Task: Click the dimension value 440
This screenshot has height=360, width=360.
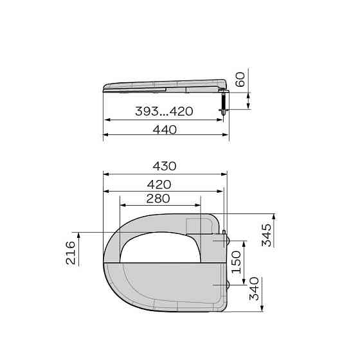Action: (165, 130)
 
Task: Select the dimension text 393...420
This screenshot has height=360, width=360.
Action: (164, 111)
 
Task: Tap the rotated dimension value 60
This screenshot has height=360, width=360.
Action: (240, 80)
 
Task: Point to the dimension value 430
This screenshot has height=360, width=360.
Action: (165, 166)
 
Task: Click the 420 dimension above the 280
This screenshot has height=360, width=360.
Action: (159, 184)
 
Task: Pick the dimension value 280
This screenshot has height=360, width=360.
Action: (158, 199)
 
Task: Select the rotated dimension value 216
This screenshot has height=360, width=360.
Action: (71, 253)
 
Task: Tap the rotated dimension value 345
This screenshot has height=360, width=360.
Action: (267, 235)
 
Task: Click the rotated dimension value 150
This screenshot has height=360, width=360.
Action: (237, 262)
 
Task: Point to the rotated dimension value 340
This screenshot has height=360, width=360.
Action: (254, 289)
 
